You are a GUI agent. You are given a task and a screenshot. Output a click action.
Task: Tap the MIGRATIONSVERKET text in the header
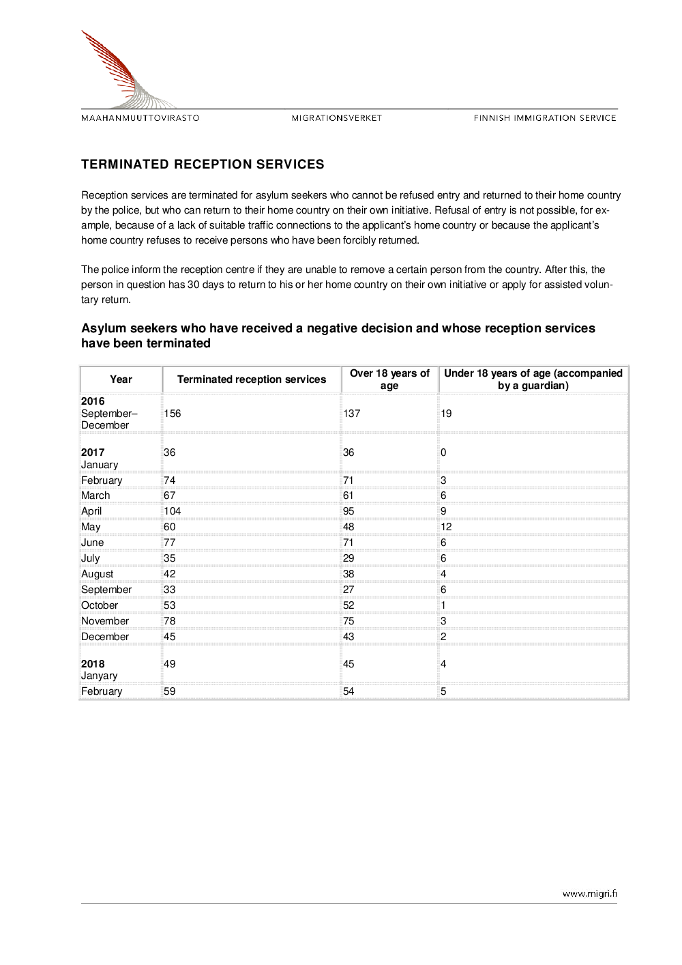pyautogui.click(x=337, y=118)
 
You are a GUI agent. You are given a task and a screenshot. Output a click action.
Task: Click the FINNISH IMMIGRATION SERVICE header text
pyautogui.click(x=545, y=118)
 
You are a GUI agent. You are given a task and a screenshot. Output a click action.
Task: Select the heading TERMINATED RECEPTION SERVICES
pyautogui.click(x=203, y=164)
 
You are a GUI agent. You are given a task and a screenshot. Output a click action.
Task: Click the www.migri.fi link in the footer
pyautogui.click(x=589, y=893)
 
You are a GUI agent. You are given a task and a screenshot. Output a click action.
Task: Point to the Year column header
pyautogui.click(x=121, y=379)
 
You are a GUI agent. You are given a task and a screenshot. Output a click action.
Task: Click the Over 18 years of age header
pyautogui.click(x=389, y=379)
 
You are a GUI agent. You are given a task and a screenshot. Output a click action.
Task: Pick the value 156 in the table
pyautogui.click(x=173, y=414)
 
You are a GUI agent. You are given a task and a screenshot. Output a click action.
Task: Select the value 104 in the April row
pyautogui.click(x=173, y=511)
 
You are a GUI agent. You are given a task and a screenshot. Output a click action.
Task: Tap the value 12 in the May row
pyautogui.click(x=446, y=527)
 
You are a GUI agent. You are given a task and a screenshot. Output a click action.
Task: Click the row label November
pyautogui.click(x=105, y=621)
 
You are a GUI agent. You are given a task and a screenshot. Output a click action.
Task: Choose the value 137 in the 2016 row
pyautogui.click(x=351, y=414)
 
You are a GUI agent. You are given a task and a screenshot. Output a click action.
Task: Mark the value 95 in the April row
pyautogui.click(x=349, y=511)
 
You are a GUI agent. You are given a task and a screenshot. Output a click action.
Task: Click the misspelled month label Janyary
pyautogui.click(x=100, y=676)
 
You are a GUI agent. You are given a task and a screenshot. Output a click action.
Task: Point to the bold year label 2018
pyautogui.click(x=93, y=664)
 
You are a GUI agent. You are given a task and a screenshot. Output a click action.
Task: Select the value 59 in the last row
pyautogui.click(x=170, y=691)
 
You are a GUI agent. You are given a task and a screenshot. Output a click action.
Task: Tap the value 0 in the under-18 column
pyautogui.click(x=443, y=452)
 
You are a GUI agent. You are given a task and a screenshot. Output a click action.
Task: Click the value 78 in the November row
pyautogui.click(x=170, y=621)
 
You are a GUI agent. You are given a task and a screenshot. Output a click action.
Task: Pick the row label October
pyautogui.click(x=100, y=605)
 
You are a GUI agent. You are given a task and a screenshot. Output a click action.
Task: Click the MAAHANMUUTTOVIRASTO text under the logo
pyautogui.click(x=140, y=118)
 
